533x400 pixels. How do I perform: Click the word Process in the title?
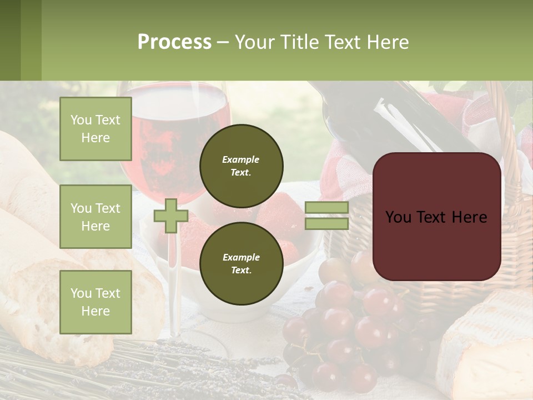(174, 42)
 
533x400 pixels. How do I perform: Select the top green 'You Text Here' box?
(95, 129)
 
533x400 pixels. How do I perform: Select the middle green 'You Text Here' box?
(95, 217)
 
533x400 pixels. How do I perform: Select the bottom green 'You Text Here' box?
(95, 302)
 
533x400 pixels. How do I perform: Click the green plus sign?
(171, 216)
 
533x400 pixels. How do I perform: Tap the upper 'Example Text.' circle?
(241, 166)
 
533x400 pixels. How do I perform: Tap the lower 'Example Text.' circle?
(241, 264)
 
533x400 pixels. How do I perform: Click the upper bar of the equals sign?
(327, 208)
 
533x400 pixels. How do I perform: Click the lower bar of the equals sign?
(327, 223)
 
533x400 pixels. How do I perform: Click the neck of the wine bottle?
(389, 111)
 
